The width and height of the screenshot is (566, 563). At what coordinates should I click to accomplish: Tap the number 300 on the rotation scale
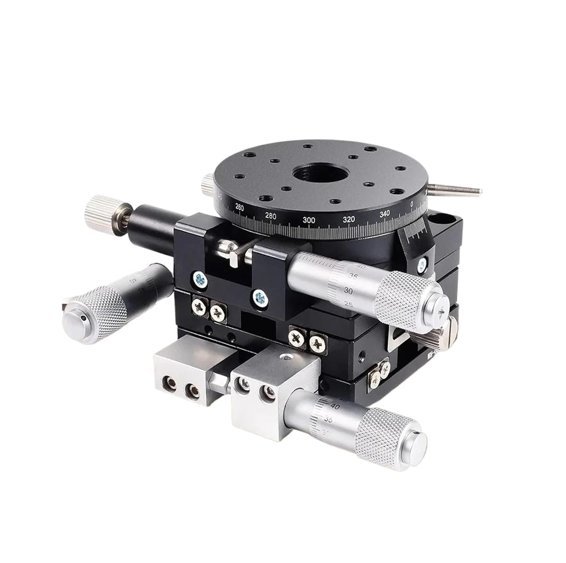pos(309,220)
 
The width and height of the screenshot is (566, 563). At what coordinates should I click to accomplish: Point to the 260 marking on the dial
pos(239,207)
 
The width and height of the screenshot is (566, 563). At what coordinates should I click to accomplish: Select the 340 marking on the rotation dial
pos(385,214)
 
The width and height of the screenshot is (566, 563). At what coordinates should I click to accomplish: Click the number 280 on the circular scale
pos(271,216)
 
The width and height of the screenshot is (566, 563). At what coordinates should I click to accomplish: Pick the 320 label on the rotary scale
pos(349,219)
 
